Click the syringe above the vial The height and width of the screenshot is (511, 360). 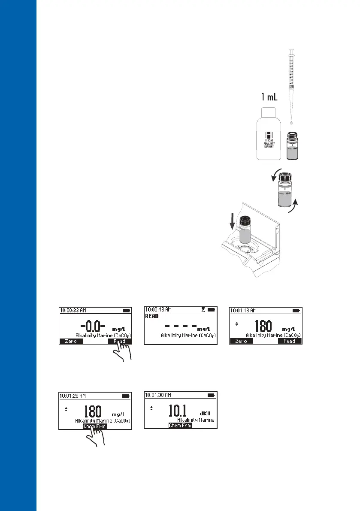[291, 69]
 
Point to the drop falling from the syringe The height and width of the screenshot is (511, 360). [291, 123]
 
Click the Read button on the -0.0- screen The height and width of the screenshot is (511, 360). [120, 342]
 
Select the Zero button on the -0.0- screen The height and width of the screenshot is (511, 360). [71, 342]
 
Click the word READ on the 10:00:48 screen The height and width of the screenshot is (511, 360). [152, 316]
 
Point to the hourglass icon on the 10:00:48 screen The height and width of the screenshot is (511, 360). [203, 309]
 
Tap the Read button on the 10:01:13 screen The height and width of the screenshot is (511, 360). [290, 341]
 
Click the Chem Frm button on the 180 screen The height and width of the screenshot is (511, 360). [95, 426]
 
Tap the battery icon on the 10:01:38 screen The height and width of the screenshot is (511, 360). [212, 395]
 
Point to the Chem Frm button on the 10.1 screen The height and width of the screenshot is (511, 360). [180, 426]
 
